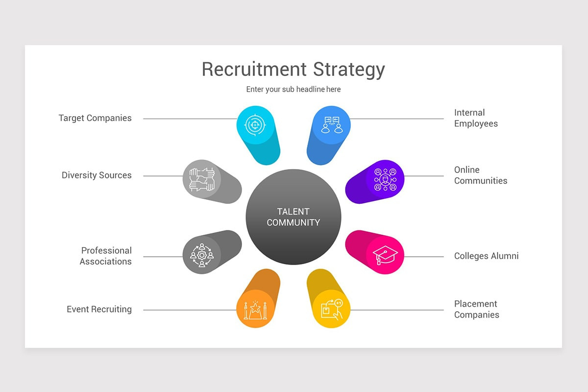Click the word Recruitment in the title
click(x=254, y=69)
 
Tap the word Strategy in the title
click(x=349, y=71)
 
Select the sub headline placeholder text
click(x=293, y=90)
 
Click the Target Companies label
click(x=95, y=118)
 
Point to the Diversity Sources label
click(x=97, y=175)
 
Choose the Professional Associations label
click(x=106, y=256)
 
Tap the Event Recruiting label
click(x=99, y=309)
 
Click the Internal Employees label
click(x=476, y=118)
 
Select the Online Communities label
click(x=481, y=175)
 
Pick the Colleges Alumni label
click(x=487, y=256)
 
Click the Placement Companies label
click(x=477, y=309)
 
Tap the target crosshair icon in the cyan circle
click(x=255, y=125)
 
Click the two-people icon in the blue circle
click(x=332, y=125)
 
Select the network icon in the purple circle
click(x=385, y=180)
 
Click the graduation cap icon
click(x=385, y=255)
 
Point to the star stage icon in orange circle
click(x=255, y=310)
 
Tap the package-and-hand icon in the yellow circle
click(x=332, y=309)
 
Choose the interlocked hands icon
click(x=202, y=179)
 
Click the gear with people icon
click(x=202, y=255)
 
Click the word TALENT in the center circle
click(x=293, y=212)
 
